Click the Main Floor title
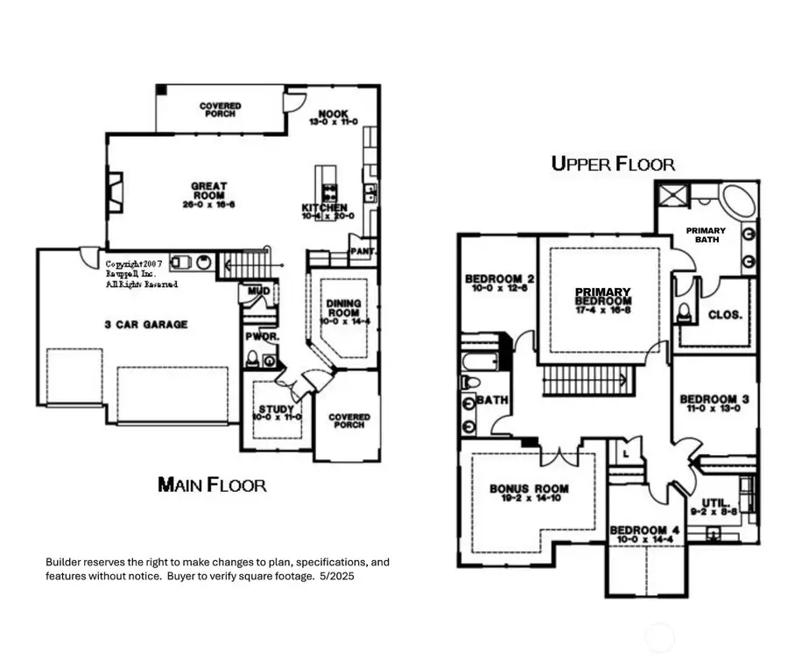coord(212,484)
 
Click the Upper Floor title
coord(613,163)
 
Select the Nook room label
coord(333,115)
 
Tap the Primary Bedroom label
coord(602,292)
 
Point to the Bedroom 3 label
coord(714,401)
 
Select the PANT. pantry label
coord(362,251)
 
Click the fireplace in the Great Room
coord(116,192)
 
